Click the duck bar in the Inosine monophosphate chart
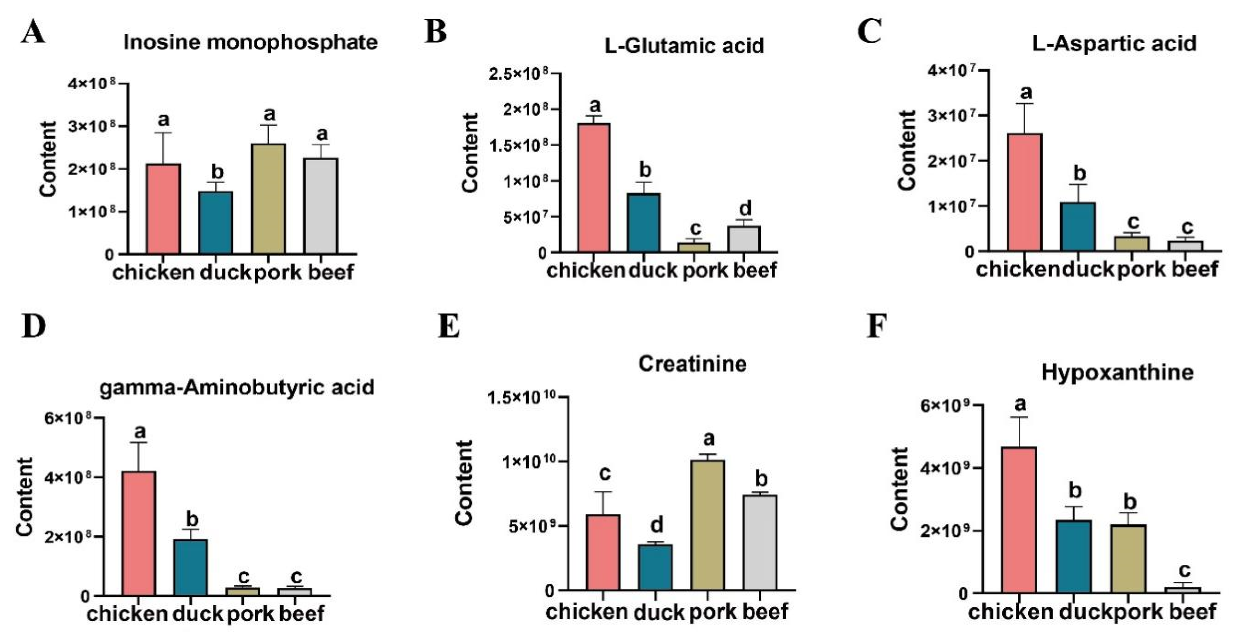click(216, 223)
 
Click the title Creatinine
click(692, 364)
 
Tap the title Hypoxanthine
click(1117, 373)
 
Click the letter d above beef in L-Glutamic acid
click(745, 209)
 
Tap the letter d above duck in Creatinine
click(656, 524)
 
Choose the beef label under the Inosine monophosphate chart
click(331, 272)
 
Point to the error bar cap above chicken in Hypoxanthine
click(1020, 417)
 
